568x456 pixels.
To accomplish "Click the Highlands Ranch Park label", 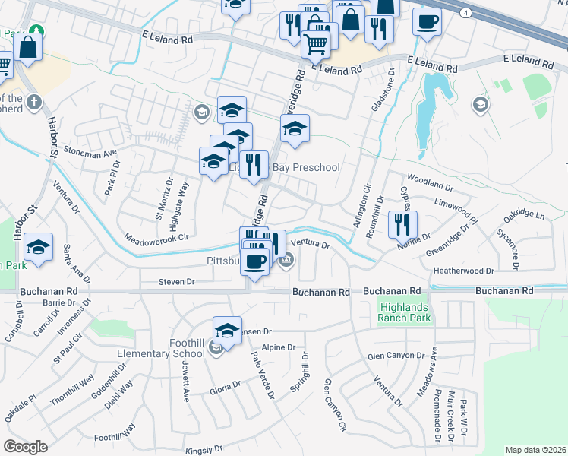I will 405,312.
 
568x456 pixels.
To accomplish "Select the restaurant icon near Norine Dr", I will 402,224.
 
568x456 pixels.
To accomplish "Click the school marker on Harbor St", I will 38,247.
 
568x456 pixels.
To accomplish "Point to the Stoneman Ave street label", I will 90,152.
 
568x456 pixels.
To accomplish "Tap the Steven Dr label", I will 177,282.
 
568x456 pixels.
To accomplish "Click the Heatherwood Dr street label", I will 463,271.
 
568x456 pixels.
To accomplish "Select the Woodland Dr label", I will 430,184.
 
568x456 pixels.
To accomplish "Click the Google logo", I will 25,447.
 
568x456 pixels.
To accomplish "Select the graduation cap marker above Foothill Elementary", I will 226,330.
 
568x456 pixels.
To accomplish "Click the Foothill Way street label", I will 115,432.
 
